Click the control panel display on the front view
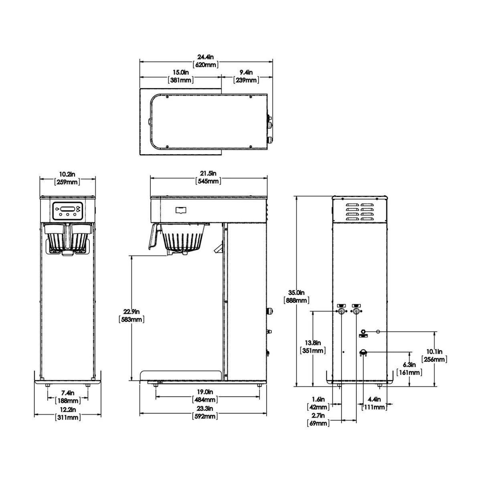[x=67, y=209]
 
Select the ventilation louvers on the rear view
[x=360, y=211]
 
